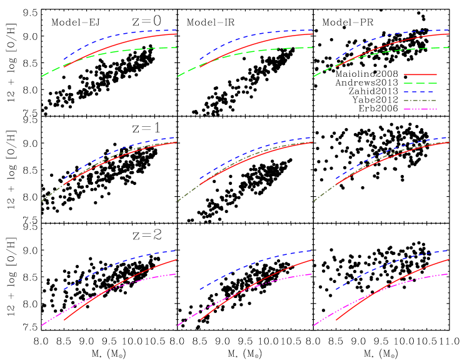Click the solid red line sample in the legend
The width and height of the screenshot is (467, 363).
coord(420,74)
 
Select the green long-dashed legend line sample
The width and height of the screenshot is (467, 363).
coord(420,83)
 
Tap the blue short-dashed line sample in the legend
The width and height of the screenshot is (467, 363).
coord(420,92)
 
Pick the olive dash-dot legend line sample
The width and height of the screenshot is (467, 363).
coord(420,101)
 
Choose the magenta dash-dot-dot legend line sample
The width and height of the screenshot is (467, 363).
coord(420,109)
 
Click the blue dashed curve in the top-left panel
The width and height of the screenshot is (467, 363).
coord(113,36)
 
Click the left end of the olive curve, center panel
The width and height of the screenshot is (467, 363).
coord(178,201)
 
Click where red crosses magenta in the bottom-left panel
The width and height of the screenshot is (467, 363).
coord(99,294)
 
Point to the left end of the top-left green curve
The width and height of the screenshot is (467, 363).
coord(42,76)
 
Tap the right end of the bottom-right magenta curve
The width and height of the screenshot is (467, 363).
coord(448,274)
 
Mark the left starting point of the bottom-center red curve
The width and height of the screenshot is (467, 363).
coord(200,320)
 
